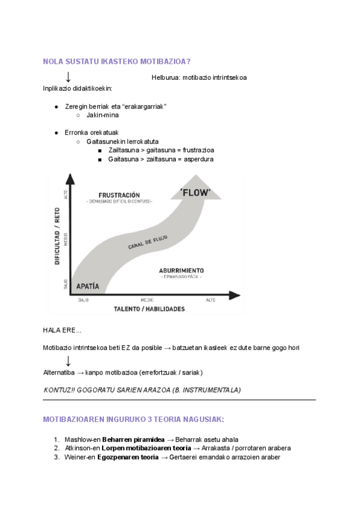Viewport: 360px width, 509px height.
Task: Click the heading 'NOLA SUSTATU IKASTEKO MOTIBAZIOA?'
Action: tap(117, 61)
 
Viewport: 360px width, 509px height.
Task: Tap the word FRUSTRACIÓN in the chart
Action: tap(119, 195)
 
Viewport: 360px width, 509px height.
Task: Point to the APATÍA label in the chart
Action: tap(88, 286)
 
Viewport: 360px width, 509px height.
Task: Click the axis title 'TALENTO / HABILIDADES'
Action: tap(149, 309)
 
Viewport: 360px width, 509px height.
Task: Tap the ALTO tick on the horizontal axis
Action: tap(211, 300)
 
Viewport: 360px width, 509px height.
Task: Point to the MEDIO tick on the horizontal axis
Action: tap(146, 300)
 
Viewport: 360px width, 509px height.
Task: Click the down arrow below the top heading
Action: tap(68, 77)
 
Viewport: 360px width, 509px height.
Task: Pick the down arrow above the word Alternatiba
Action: tap(68, 361)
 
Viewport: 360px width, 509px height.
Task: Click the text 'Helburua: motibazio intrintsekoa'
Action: tap(199, 77)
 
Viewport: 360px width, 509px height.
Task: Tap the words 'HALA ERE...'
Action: tap(62, 331)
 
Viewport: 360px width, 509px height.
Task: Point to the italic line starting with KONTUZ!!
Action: tap(142, 390)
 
